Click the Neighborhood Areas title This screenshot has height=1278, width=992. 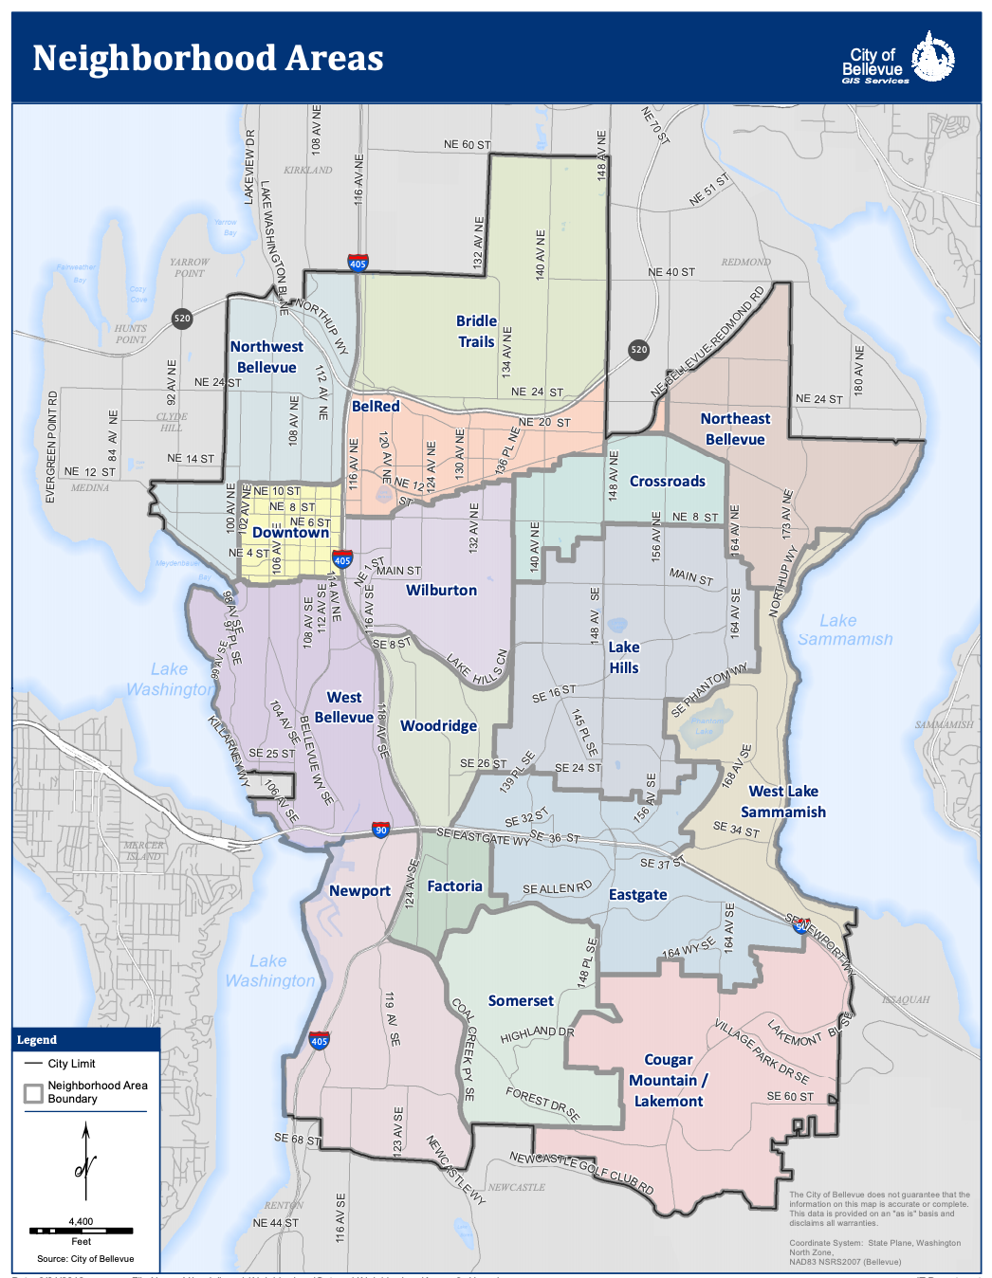(208, 59)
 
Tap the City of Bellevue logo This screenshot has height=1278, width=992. (898, 59)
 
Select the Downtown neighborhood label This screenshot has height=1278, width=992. (290, 533)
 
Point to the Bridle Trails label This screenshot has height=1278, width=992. (476, 332)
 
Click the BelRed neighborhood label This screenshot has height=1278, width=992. (376, 407)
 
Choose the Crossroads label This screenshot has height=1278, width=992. (668, 482)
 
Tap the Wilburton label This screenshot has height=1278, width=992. (441, 591)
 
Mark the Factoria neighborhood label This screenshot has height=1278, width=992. (454, 886)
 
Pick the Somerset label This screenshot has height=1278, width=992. (521, 1001)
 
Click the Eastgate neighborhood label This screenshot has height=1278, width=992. (637, 895)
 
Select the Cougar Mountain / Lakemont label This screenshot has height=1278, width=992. (669, 1081)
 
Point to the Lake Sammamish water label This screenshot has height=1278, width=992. (844, 630)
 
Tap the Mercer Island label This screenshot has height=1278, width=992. (144, 850)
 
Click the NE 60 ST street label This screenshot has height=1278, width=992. (467, 145)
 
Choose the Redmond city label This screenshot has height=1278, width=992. (745, 263)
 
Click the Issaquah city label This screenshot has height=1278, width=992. (906, 1000)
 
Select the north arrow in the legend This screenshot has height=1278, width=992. (85, 1163)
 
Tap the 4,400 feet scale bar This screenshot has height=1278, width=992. (81, 1231)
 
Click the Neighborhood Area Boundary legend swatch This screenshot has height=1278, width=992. (34, 1093)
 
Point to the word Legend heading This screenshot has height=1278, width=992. (37, 1040)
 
